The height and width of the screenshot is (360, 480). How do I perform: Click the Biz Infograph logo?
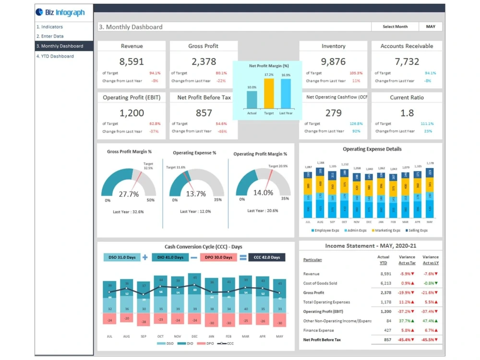pyautogui.click(x=60, y=12)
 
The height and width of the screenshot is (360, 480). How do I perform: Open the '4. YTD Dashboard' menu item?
pyautogui.click(x=55, y=56)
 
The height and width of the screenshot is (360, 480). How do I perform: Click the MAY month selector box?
pyautogui.click(x=431, y=27)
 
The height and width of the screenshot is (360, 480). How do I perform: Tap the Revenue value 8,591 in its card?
pyautogui.click(x=132, y=61)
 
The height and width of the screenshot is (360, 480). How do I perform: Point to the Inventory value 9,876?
pyautogui.click(x=333, y=61)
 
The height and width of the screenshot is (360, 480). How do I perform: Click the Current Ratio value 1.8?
pyautogui.click(x=407, y=113)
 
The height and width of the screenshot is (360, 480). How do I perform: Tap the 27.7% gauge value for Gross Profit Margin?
pyautogui.click(x=129, y=194)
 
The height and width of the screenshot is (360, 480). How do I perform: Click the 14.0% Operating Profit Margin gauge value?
pyautogui.click(x=263, y=192)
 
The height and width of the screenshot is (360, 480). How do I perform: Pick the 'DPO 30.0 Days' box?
pyautogui.click(x=218, y=257)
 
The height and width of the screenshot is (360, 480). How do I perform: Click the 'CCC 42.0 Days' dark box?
pyautogui.click(x=267, y=257)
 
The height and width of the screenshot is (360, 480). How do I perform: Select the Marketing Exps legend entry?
pyautogui.click(x=387, y=230)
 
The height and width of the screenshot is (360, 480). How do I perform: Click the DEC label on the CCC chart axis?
pyautogui.click(x=194, y=336)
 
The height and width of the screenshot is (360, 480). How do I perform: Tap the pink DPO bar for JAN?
pyautogui.click(x=211, y=320)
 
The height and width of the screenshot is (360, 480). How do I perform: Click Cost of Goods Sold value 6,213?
pyautogui.click(x=385, y=283)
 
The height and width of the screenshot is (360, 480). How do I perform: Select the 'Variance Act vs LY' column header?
pyautogui.click(x=430, y=260)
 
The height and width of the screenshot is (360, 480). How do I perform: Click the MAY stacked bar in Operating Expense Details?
pyautogui.click(x=430, y=192)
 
